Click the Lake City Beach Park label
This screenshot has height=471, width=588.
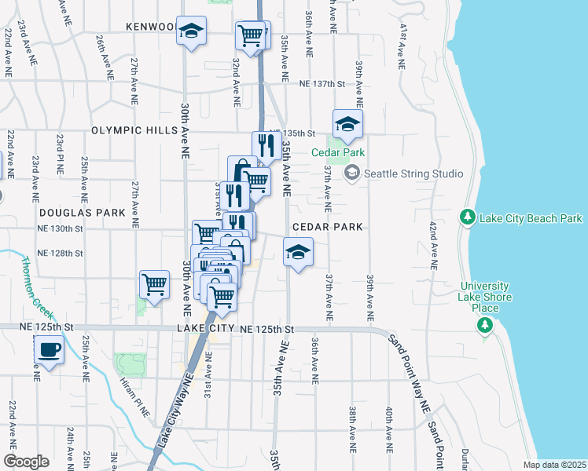(x=534, y=218)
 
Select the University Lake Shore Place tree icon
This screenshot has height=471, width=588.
(x=485, y=324)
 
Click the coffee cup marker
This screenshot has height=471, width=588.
(x=49, y=349)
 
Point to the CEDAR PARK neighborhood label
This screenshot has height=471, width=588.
(x=327, y=227)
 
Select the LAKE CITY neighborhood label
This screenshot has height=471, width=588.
(x=206, y=328)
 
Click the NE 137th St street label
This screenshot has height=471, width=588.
(x=322, y=84)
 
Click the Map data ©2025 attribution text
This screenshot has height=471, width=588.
(x=553, y=465)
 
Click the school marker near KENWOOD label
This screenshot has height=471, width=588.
(x=191, y=31)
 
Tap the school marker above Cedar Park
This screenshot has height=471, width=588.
(x=347, y=124)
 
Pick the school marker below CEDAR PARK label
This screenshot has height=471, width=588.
(x=298, y=252)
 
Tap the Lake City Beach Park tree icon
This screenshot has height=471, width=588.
(x=467, y=216)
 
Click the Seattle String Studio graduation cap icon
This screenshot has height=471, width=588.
(x=351, y=173)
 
